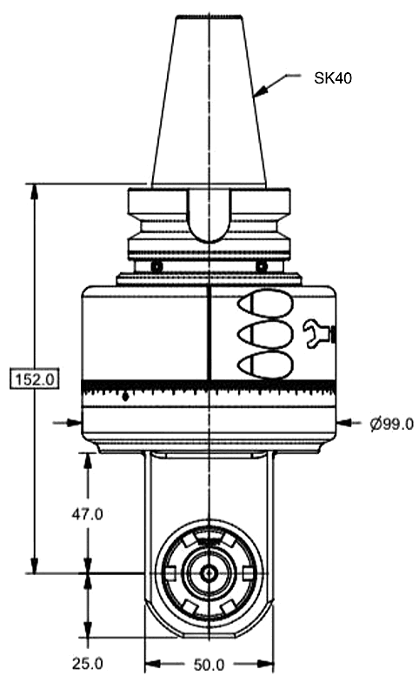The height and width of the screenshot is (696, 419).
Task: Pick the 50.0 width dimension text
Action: point(209,665)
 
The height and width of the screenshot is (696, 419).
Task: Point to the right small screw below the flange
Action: point(261,265)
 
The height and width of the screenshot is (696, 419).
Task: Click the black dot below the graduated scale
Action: point(127,398)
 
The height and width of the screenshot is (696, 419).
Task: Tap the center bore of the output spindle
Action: point(209,573)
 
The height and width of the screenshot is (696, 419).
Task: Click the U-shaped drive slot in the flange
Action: point(209,217)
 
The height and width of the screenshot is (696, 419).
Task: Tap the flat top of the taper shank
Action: point(209,17)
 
